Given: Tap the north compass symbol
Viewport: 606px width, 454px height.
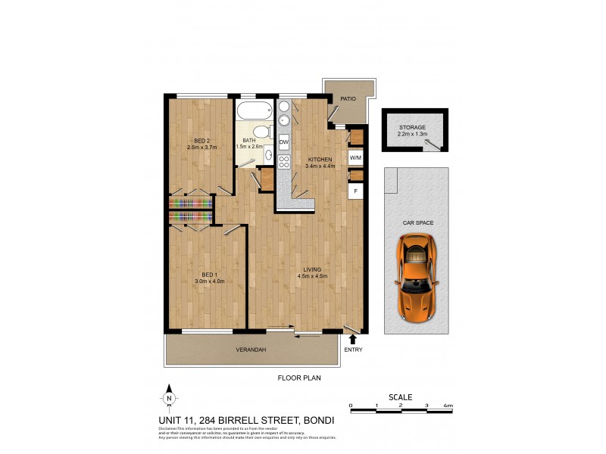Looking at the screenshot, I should tap(169, 398).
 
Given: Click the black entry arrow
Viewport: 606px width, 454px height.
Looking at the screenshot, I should tap(352, 340).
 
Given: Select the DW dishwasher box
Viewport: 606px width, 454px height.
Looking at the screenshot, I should tap(284, 141).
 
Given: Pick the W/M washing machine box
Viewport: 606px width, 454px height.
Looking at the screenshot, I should tap(355, 157).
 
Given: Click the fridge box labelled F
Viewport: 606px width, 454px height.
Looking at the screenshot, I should tap(354, 191).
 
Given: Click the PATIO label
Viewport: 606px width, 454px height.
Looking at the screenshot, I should tap(348, 98).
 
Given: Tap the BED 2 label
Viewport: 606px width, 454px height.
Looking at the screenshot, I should tap(201, 141).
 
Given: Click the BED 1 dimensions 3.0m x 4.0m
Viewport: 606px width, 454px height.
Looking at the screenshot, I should tap(208, 281).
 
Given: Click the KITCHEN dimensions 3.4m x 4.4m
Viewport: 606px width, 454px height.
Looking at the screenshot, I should tap(319, 166).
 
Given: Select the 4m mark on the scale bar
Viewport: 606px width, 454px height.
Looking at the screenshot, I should tap(448, 406).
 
